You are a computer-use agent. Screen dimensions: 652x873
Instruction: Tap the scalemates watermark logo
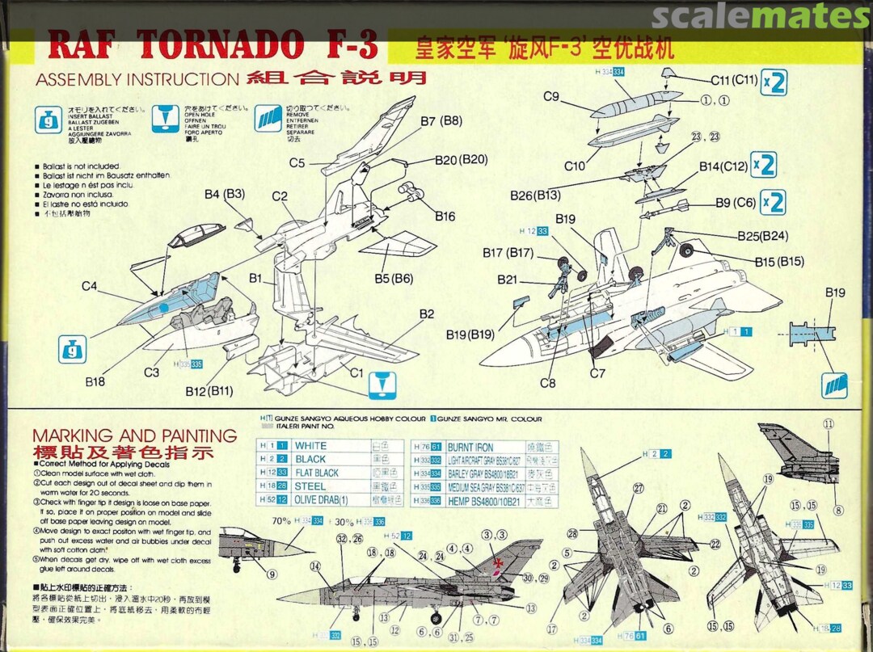tap(761, 16)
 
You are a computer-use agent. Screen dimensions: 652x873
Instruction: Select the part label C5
tap(297, 163)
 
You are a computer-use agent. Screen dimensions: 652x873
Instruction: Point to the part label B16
tap(445, 217)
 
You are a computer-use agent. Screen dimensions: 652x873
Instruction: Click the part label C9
tap(551, 97)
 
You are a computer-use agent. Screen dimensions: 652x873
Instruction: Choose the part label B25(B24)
tap(763, 236)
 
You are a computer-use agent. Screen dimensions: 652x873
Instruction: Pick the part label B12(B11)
tap(209, 391)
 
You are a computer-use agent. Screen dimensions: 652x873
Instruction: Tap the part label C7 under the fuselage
tap(597, 373)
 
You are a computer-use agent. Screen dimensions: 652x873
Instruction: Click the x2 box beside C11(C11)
tap(774, 83)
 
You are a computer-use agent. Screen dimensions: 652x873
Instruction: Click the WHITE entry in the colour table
tap(311, 446)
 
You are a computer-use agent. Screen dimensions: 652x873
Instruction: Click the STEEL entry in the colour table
tap(310, 486)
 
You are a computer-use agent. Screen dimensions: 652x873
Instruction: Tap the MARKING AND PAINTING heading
tap(134, 435)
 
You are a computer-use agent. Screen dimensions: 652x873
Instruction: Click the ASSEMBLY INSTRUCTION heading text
tap(137, 79)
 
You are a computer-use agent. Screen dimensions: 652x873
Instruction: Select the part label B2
tap(426, 314)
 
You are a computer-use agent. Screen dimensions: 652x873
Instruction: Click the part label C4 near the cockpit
tap(89, 286)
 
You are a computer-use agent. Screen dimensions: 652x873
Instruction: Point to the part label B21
tap(507, 280)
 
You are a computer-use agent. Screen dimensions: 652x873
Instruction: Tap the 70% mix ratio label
tap(282, 521)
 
